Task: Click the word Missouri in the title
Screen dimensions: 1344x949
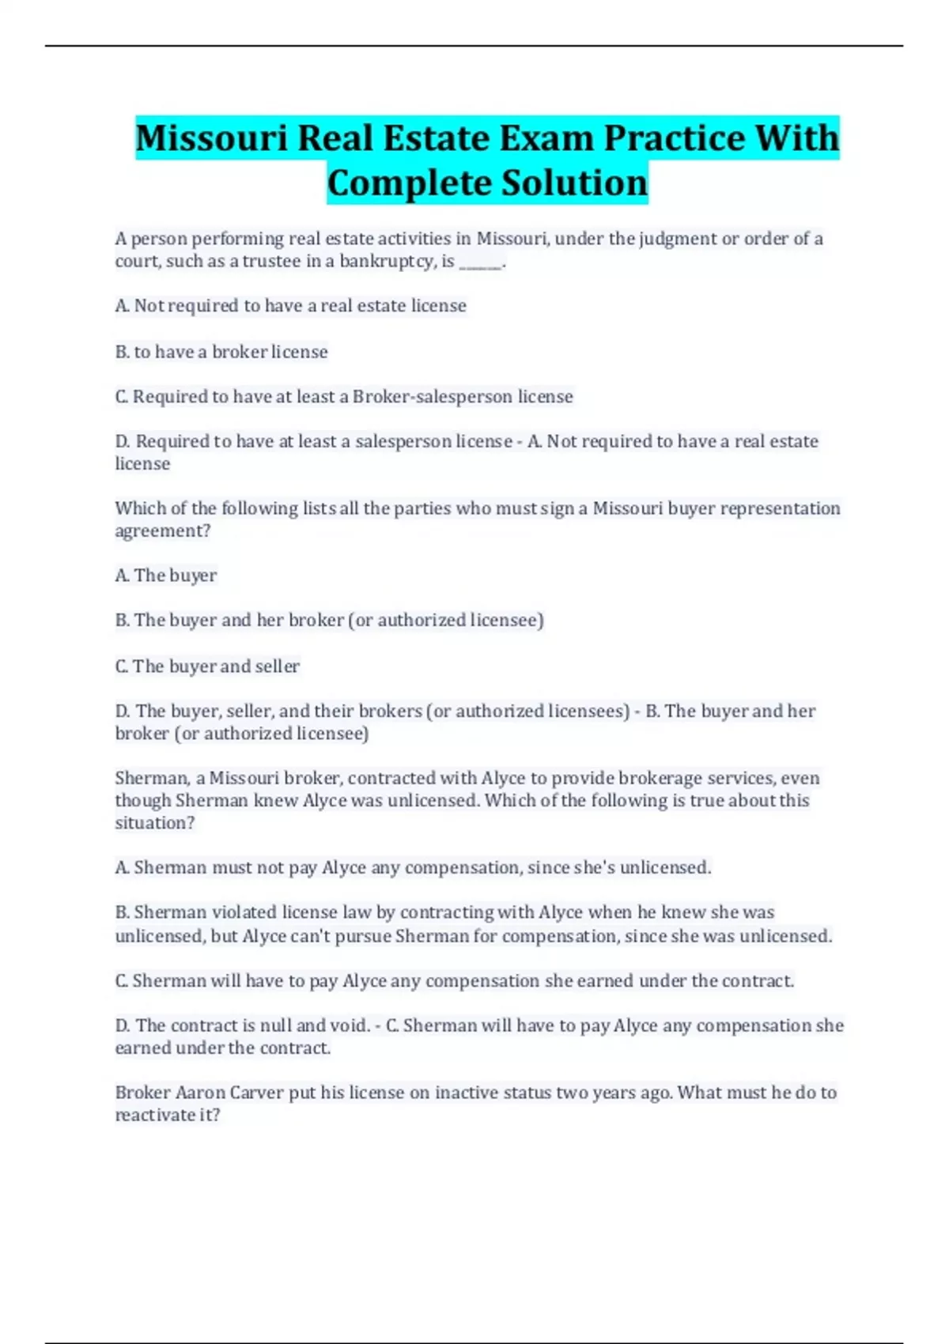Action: (x=211, y=138)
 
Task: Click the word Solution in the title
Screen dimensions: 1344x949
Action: (x=575, y=183)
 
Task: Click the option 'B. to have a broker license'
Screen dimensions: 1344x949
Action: (x=221, y=352)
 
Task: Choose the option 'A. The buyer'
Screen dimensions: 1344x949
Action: (x=166, y=576)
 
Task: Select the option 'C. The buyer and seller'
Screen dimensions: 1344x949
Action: (x=207, y=666)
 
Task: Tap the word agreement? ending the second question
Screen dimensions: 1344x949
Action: (x=163, y=531)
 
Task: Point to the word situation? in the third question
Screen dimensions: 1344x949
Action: (x=155, y=823)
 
